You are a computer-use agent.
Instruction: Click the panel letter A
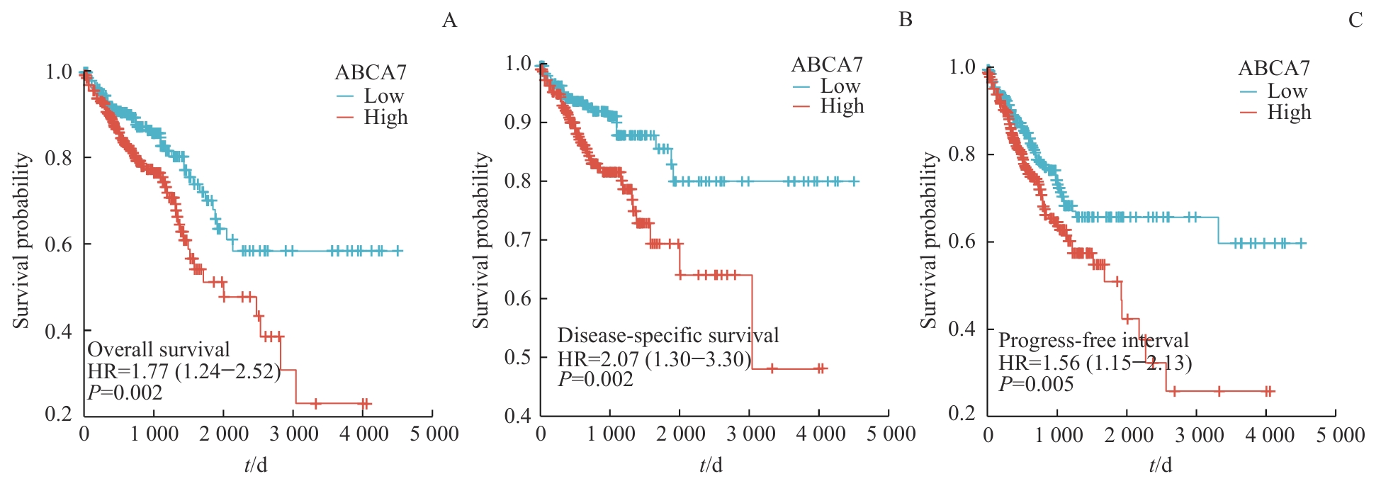pyautogui.click(x=449, y=20)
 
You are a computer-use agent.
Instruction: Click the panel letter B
pyautogui.click(x=905, y=19)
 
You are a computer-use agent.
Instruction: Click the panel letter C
pyautogui.click(x=1355, y=20)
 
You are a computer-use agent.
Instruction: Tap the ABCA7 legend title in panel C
pyautogui.click(x=1274, y=68)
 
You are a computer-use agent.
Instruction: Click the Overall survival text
pyautogui.click(x=159, y=349)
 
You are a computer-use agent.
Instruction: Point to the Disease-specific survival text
pyautogui.click(x=668, y=335)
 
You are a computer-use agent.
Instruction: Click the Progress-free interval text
pyautogui.click(x=1093, y=340)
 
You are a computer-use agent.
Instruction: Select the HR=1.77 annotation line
pyautogui.click(x=184, y=371)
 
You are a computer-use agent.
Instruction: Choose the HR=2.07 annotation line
pyautogui.click(x=654, y=359)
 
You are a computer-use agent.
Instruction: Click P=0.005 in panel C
pyautogui.click(x=1036, y=384)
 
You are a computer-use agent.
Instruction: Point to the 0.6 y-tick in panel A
pyautogui.click(x=59, y=244)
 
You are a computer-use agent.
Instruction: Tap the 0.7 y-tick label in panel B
pyautogui.click(x=518, y=239)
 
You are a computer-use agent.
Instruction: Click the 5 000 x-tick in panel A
pyautogui.click(x=434, y=434)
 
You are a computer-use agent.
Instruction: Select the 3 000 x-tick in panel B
pyautogui.click(x=751, y=434)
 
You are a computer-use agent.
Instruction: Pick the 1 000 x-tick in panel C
pyautogui.click(x=1059, y=434)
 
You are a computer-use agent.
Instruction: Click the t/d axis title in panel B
pyautogui.click(x=711, y=465)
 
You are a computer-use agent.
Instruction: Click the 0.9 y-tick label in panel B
pyautogui.click(x=518, y=122)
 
